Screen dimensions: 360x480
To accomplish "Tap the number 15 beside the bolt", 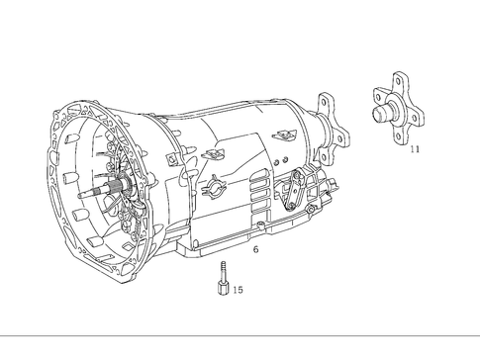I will (238, 290).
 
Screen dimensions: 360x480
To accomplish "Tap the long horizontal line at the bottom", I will (240, 334).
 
